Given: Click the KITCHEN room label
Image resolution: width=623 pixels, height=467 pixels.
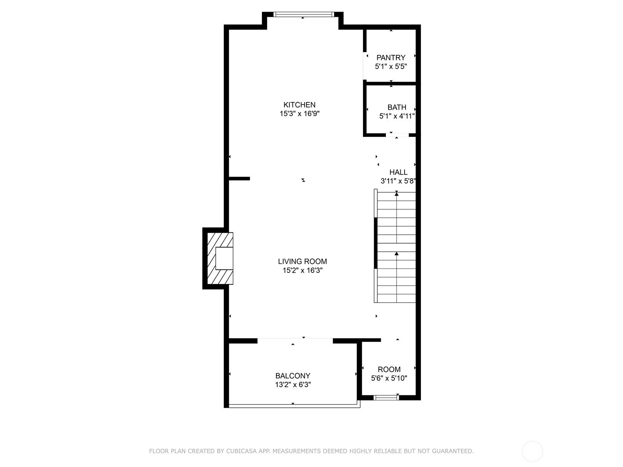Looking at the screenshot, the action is [x=299, y=105].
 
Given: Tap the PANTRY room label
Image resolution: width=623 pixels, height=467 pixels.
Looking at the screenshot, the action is [x=391, y=58].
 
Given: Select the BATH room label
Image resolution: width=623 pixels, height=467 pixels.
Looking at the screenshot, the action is [x=396, y=107].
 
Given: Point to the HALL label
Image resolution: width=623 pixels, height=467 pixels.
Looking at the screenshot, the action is [x=398, y=172].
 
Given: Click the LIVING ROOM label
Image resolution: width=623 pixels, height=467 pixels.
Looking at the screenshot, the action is [x=302, y=261].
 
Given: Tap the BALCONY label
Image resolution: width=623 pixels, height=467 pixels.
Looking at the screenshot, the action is [x=293, y=376].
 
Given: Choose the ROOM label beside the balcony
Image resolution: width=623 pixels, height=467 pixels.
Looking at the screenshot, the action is [x=389, y=369].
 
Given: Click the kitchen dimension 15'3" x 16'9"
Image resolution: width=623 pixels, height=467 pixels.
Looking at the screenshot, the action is [x=299, y=114].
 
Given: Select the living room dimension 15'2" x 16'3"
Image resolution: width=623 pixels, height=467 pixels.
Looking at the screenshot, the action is [x=303, y=270].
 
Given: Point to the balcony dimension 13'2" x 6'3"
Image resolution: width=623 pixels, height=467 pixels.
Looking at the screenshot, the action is [x=293, y=385].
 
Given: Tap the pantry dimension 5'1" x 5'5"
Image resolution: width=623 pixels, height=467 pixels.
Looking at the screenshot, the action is [x=391, y=67].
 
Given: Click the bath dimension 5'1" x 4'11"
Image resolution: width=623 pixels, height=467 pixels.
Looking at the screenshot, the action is [x=397, y=116].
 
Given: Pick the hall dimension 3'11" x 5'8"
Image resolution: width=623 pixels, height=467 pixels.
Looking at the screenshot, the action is [x=398, y=181].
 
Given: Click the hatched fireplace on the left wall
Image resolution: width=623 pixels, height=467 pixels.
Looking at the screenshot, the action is [x=220, y=258].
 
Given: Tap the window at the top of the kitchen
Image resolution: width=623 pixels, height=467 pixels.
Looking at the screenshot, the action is [x=304, y=14].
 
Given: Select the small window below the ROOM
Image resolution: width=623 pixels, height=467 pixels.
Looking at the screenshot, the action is [x=386, y=397].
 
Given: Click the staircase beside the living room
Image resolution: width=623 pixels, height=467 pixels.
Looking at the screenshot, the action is [x=395, y=246].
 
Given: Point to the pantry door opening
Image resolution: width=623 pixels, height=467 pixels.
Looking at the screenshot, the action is [x=364, y=66].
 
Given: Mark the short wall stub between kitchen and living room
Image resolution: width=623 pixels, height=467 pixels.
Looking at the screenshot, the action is [x=239, y=179].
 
